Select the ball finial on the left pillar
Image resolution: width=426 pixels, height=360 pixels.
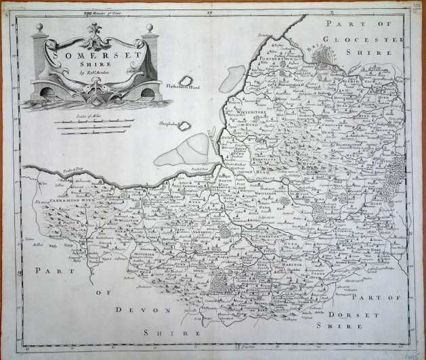click(39, 28)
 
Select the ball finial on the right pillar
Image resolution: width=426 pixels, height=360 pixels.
click(150, 28)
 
